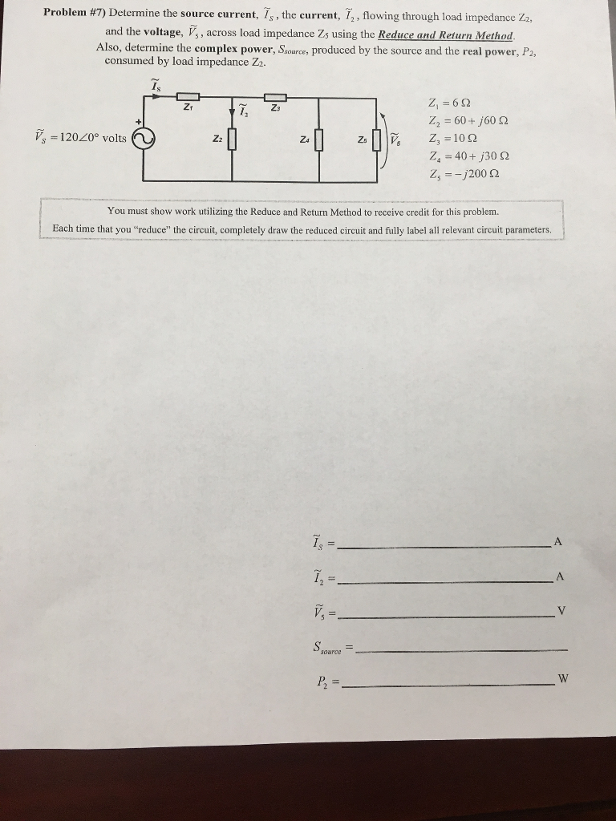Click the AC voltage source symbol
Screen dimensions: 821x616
click(x=143, y=140)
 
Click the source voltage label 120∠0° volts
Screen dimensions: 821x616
click(x=80, y=137)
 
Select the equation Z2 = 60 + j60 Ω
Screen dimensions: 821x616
click(x=470, y=122)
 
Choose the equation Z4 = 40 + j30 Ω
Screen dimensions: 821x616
click(x=470, y=156)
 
